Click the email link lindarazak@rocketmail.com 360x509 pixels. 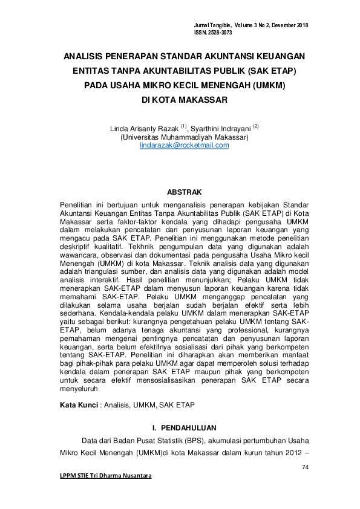(x=184, y=146)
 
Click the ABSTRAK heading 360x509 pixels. (x=184, y=192)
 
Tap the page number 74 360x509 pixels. (x=304, y=467)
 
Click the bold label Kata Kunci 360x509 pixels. (x=78, y=404)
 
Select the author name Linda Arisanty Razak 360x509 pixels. (x=144, y=129)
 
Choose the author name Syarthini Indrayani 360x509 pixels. (x=220, y=129)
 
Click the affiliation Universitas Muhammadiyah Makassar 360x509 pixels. (x=184, y=137)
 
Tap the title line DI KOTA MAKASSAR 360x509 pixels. (x=184, y=100)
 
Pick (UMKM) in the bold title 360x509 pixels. (x=268, y=85)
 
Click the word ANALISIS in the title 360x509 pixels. (x=87, y=56)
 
